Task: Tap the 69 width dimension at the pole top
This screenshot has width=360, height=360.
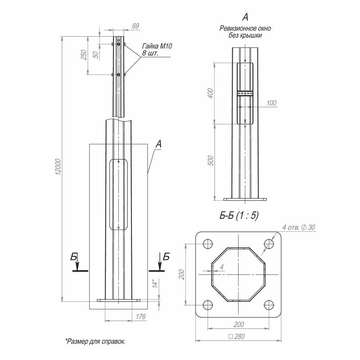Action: [x=135, y=26]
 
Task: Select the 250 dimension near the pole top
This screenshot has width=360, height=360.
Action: [x=84, y=55]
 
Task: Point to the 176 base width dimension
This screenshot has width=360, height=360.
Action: [x=140, y=317]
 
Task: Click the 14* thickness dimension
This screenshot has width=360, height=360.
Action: [x=155, y=283]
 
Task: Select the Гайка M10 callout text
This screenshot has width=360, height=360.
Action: [x=157, y=46]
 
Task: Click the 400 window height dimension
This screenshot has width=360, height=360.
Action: [x=210, y=94]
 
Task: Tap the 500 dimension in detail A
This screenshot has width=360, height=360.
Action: [x=210, y=161]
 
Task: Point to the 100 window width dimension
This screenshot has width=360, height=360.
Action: [x=271, y=103]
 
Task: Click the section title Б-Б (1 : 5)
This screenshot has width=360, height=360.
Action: [x=239, y=216]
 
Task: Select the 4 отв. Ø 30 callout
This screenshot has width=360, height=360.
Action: [x=299, y=228]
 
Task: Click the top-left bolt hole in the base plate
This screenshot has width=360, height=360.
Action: [x=208, y=243]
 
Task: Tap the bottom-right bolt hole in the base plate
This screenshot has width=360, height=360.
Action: [x=269, y=305]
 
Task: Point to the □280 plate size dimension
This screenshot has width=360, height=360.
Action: [x=237, y=337]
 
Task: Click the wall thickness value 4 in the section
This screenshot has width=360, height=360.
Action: [x=222, y=267]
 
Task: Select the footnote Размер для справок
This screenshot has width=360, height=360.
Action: [x=95, y=342]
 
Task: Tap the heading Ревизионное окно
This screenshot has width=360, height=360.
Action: [x=245, y=28]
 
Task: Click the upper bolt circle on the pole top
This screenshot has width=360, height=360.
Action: [x=118, y=44]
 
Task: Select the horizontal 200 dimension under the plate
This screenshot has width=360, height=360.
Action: [x=239, y=324]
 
